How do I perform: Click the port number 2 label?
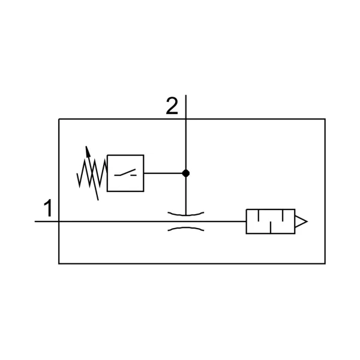tap(172, 106)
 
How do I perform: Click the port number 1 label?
tap(49, 208)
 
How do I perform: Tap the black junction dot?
tap(186, 173)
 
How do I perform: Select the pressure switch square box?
tap(125, 173)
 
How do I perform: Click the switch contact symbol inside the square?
tap(125, 173)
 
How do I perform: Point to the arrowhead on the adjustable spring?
tap(88, 152)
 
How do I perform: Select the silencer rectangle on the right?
tap(271, 221)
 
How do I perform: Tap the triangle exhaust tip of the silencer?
tap(301, 221)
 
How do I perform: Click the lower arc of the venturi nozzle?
tap(186, 228)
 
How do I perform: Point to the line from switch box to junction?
tap(163, 173)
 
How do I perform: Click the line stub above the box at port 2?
tap(186, 107)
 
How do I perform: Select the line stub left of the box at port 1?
tap(47, 221)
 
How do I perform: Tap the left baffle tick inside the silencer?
tap(259, 215)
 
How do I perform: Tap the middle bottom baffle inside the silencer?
tap(271, 227)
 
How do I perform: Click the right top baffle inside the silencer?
tap(283, 215)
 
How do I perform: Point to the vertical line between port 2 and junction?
tap(186, 144)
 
